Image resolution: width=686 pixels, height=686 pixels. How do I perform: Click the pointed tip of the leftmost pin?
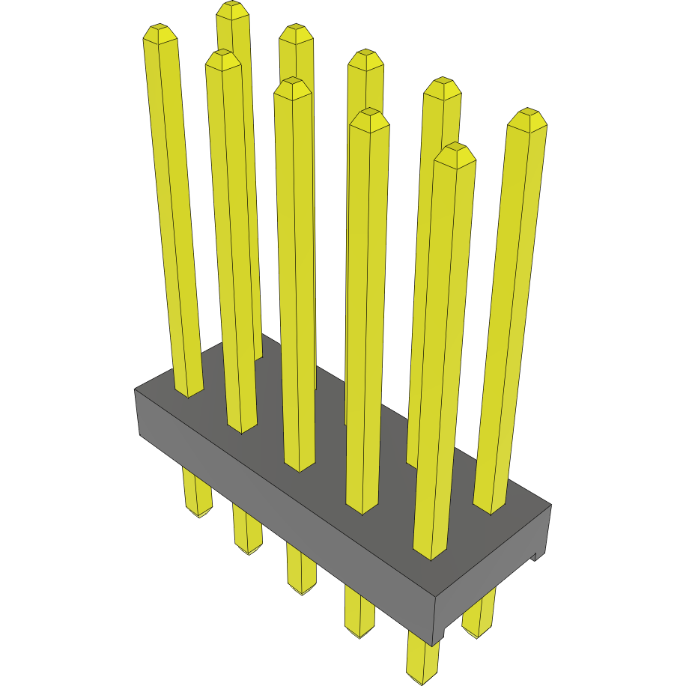pyautogui.click(x=160, y=31)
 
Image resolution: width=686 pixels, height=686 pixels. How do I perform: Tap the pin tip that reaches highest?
pyautogui.click(x=233, y=7)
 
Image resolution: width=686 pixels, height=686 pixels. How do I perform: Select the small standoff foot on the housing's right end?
pyautogui.click(x=535, y=556)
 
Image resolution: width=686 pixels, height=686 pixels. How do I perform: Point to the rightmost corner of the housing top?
pyautogui.click(x=551, y=504)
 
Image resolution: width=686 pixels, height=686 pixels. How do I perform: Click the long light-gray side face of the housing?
pyautogui.click(x=285, y=517)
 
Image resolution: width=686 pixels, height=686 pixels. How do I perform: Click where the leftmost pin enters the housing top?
pyautogui.click(x=189, y=392)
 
